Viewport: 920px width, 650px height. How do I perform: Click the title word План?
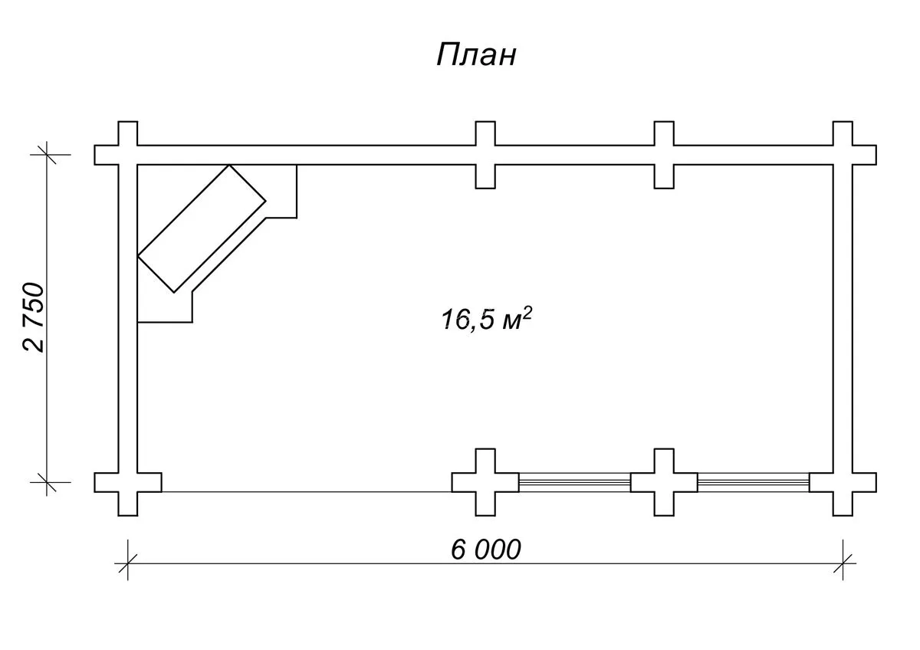coord(476,55)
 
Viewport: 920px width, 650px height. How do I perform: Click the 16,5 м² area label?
coord(487,319)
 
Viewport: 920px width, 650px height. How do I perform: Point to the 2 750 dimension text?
coord(33,317)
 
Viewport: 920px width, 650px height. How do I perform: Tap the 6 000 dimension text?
coord(486,550)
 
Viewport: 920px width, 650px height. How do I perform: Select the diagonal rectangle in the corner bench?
coord(202,228)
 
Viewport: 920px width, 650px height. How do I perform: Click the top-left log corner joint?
coord(128,155)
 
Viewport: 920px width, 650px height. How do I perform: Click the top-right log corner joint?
coord(843,155)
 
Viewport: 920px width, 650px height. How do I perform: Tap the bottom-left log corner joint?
coord(128,482)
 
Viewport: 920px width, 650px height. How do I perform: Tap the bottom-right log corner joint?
coord(843,482)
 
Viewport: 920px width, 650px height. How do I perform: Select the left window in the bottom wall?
coord(574,482)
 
